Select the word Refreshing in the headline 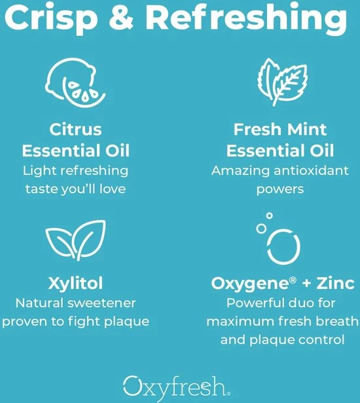[247, 18]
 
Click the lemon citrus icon [75, 83]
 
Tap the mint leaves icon [283, 82]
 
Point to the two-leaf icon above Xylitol [75, 240]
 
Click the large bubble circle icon [283, 246]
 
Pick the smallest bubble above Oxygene [269, 216]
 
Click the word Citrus [75, 129]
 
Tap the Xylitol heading [75, 283]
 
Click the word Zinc [335, 283]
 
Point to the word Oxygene [251, 284]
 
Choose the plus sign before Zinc [306, 284]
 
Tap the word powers [280, 189]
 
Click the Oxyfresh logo [176, 387]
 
